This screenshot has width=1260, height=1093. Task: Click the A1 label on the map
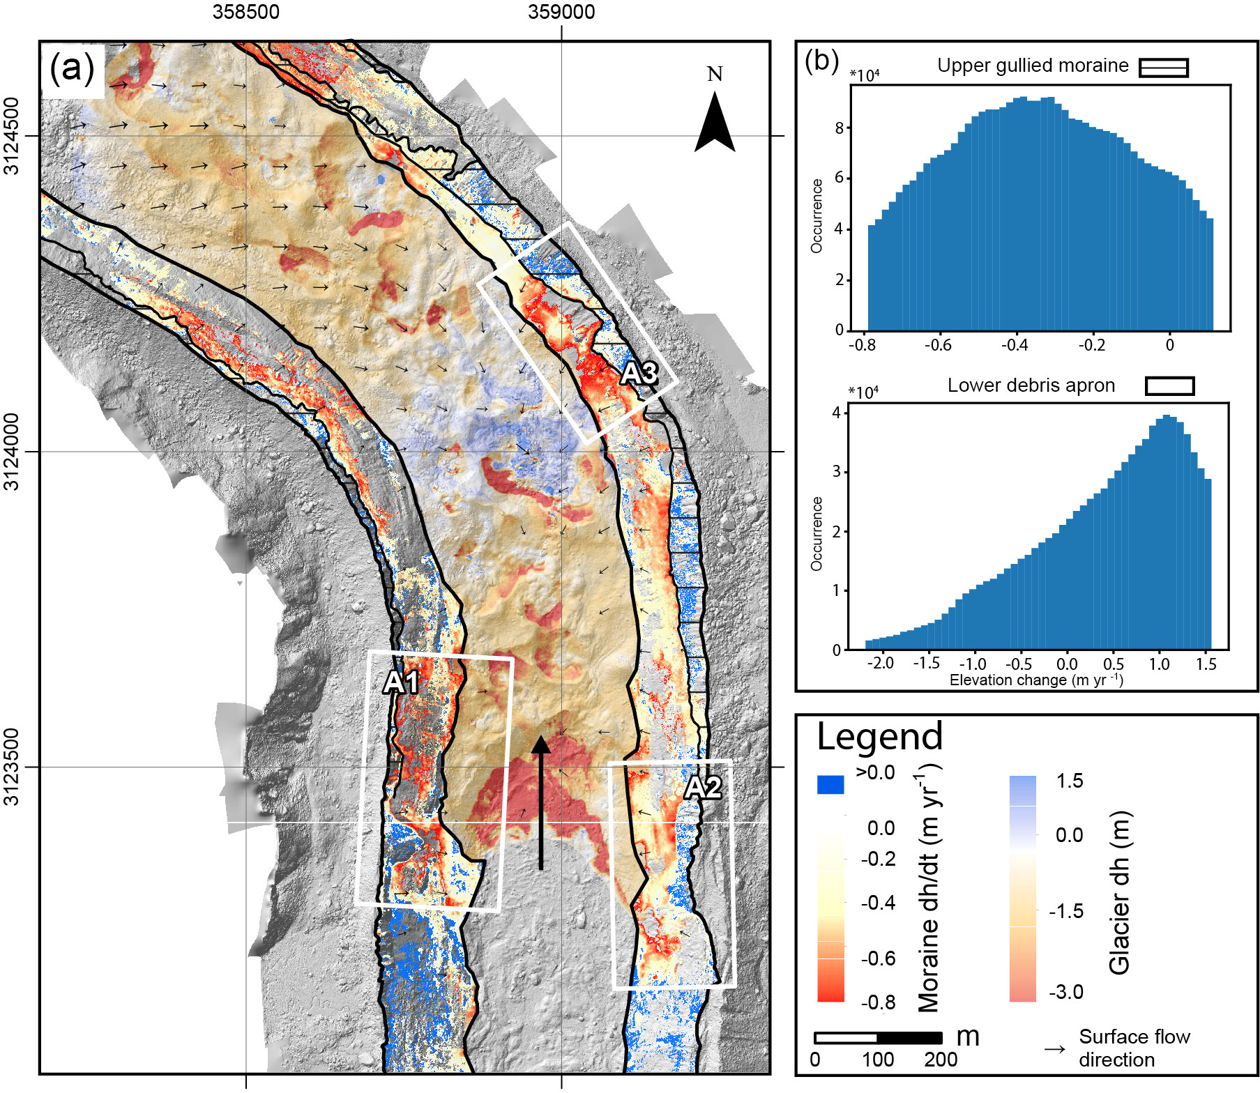point(401,682)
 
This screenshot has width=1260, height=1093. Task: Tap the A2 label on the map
point(702,788)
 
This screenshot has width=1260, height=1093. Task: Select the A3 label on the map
point(639,374)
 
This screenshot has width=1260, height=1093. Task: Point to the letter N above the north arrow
point(715,74)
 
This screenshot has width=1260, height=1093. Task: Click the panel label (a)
point(72,68)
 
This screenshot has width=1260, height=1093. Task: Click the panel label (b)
point(821,61)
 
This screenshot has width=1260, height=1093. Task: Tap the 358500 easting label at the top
point(245,12)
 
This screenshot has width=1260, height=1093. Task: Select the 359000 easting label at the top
point(561,12)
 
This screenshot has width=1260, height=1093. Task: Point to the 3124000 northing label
point(12,452)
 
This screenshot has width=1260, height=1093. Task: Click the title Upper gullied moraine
point(1032,66)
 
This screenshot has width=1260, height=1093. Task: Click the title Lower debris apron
point(1031,385)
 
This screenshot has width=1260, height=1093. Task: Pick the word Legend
point(879,737)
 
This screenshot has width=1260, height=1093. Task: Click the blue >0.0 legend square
point(830,785)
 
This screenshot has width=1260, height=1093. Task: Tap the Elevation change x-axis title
point(1035,680)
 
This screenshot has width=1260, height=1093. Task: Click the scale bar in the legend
point(878,1038)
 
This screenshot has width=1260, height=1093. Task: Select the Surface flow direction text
point(1134,1048)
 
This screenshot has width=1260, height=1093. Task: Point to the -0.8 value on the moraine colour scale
point(878,1002)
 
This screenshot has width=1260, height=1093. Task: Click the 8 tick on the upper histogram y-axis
point(839,128)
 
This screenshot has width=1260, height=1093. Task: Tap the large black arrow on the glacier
point(541,802)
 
